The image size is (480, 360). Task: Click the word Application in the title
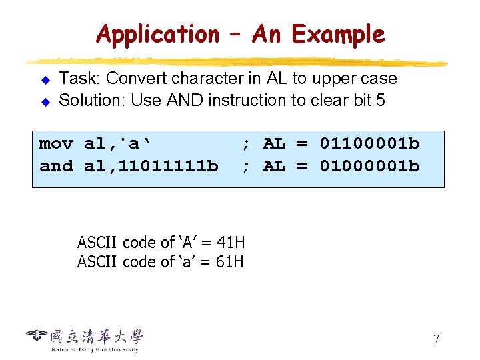(x=157, y=34)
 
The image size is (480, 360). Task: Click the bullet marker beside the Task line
(x=46, y=81)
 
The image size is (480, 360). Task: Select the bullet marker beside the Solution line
(x=46, y=103)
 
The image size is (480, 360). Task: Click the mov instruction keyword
(x=56, y=144)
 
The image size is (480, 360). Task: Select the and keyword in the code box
(x=56, y=166)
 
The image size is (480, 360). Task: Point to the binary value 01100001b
(x=370, y=144)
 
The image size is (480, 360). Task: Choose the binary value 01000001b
(x=370, y=166)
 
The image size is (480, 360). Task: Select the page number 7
(x=436, y=339)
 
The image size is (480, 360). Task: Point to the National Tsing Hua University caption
(x=95, y=349)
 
